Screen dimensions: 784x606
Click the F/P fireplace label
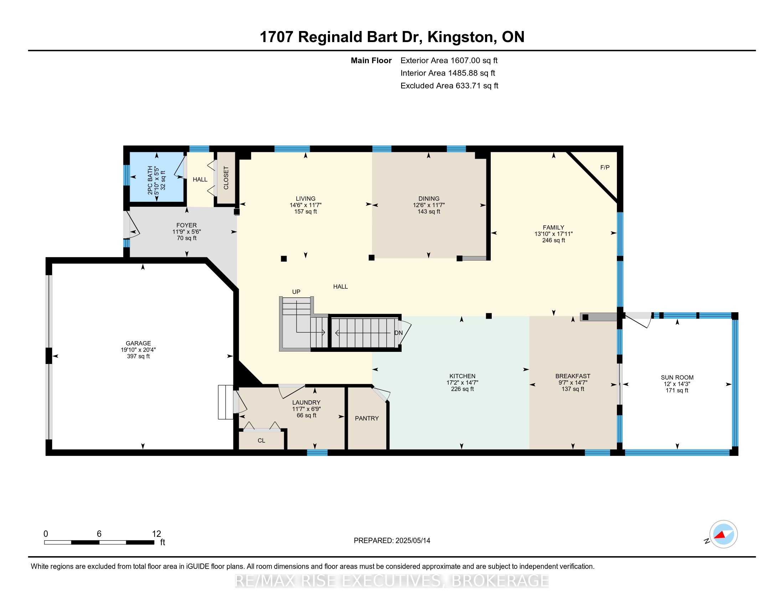(605, 167)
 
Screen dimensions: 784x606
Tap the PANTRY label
(366, 418)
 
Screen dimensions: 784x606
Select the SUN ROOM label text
(677, 377)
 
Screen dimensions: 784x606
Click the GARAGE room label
(138, 343)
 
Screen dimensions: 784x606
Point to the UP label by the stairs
(296, 292)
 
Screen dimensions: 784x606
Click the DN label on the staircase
(398, 333)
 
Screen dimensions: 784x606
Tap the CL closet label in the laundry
(261, 441)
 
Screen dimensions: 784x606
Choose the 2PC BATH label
(150, 180)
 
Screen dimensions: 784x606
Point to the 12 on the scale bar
(156, 534)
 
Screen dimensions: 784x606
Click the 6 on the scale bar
(99, 534)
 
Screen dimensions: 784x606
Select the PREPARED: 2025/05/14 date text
(392, 540)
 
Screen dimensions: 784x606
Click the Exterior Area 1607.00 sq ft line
(449, 60)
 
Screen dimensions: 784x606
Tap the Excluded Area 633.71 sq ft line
(449, 86)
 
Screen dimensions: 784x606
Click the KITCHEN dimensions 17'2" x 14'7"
(462, 383)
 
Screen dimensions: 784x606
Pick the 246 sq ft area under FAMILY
(553, 240)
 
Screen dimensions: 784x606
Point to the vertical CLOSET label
(226, 178)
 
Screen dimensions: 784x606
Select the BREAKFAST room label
(573, 376)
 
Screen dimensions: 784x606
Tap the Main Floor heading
(371, 60)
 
